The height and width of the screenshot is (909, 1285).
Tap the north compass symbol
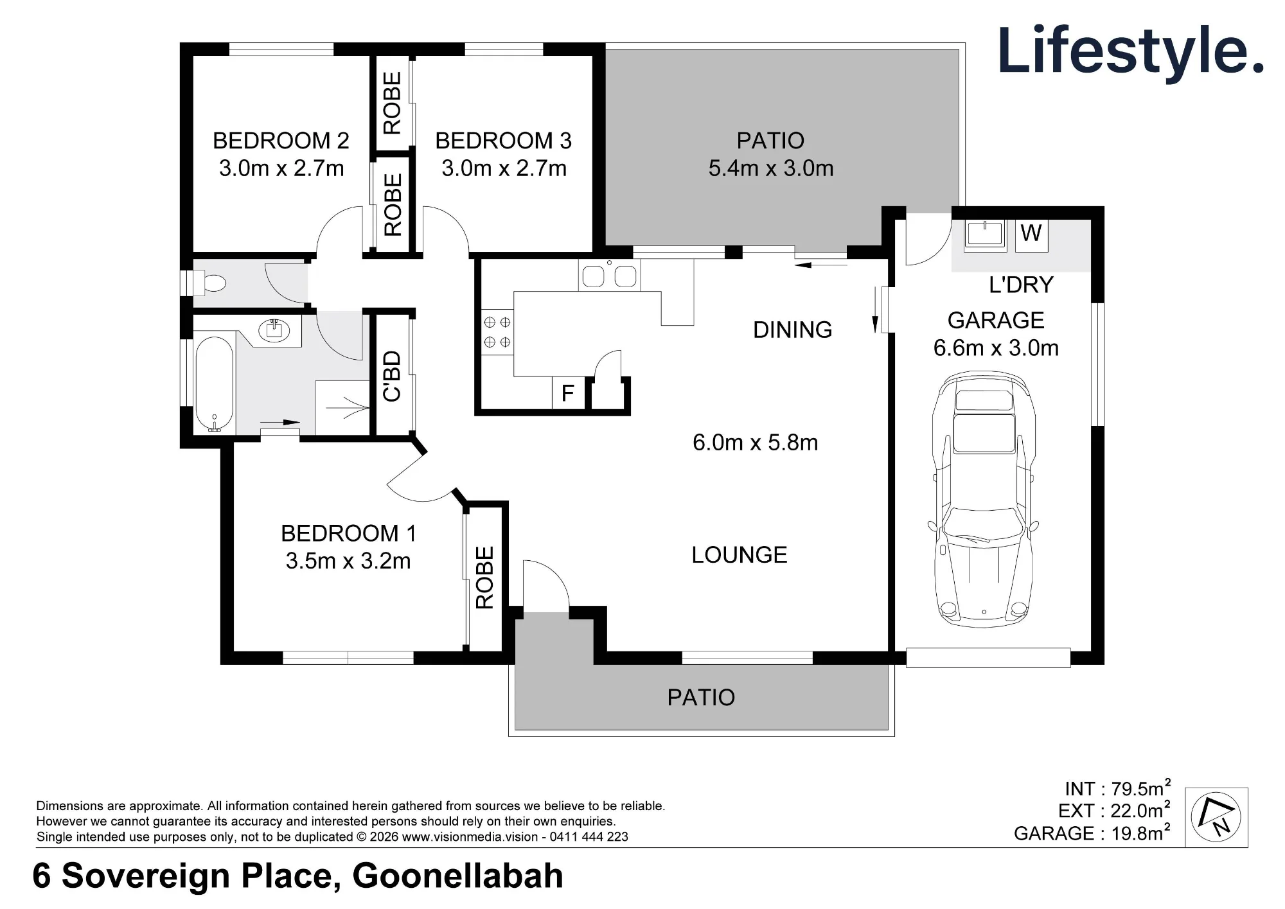[x=1216, y=817]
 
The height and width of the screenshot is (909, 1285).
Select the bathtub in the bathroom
[x=214, y=384]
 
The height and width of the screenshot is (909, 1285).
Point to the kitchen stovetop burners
[x=497, y=331]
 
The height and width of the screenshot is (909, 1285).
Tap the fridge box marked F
[x=568, y=393]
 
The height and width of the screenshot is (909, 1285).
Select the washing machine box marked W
[x=1031, y=233]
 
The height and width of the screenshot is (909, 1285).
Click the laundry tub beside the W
[x=986, y=233]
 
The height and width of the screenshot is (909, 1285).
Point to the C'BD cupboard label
[x=392, y=376]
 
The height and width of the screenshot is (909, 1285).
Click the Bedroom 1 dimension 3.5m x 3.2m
[x=348, y=561]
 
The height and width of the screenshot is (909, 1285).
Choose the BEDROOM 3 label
[x=504, y=141]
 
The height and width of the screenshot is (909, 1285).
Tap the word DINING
[x=793, y=330]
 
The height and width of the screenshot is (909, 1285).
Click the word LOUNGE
[x=740, y=555]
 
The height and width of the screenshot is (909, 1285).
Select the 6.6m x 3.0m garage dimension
[x=996, y=348]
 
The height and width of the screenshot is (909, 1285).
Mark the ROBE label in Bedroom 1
[x=484, y=578]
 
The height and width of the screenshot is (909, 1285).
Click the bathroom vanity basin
[x=275, y=329]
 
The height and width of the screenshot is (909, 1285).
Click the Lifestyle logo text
[x=1131, y=51]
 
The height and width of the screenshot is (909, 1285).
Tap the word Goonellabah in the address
[x=458, y=876]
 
